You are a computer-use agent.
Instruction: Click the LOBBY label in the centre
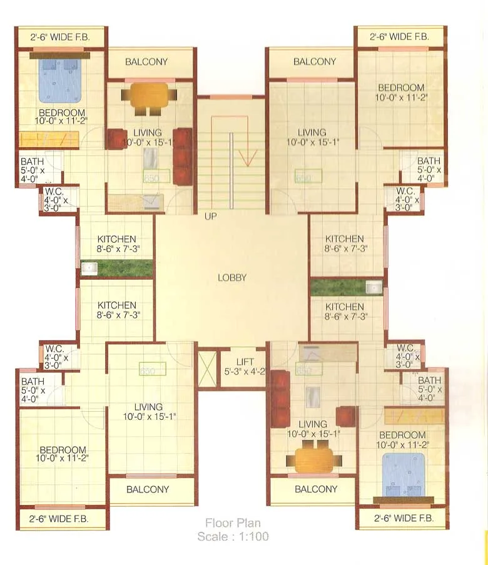(231, 278)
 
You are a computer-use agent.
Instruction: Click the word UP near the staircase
(210, 216)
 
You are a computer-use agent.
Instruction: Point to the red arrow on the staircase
(248, 153)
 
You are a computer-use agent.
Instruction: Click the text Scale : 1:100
(233, 536)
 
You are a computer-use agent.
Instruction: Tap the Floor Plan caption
(233, 523)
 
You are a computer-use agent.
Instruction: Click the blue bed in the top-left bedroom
(60, 80)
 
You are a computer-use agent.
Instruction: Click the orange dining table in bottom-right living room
(314, 459)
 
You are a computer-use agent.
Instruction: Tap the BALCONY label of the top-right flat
(315, 62)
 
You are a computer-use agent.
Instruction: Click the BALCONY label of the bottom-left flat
(148, 489)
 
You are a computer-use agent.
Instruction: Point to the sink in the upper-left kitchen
(89, 268)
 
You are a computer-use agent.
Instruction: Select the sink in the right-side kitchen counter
(374, 288)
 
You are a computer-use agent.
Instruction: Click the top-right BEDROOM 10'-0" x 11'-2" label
(400, 93)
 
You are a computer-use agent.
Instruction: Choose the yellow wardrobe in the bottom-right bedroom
(414, 415)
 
